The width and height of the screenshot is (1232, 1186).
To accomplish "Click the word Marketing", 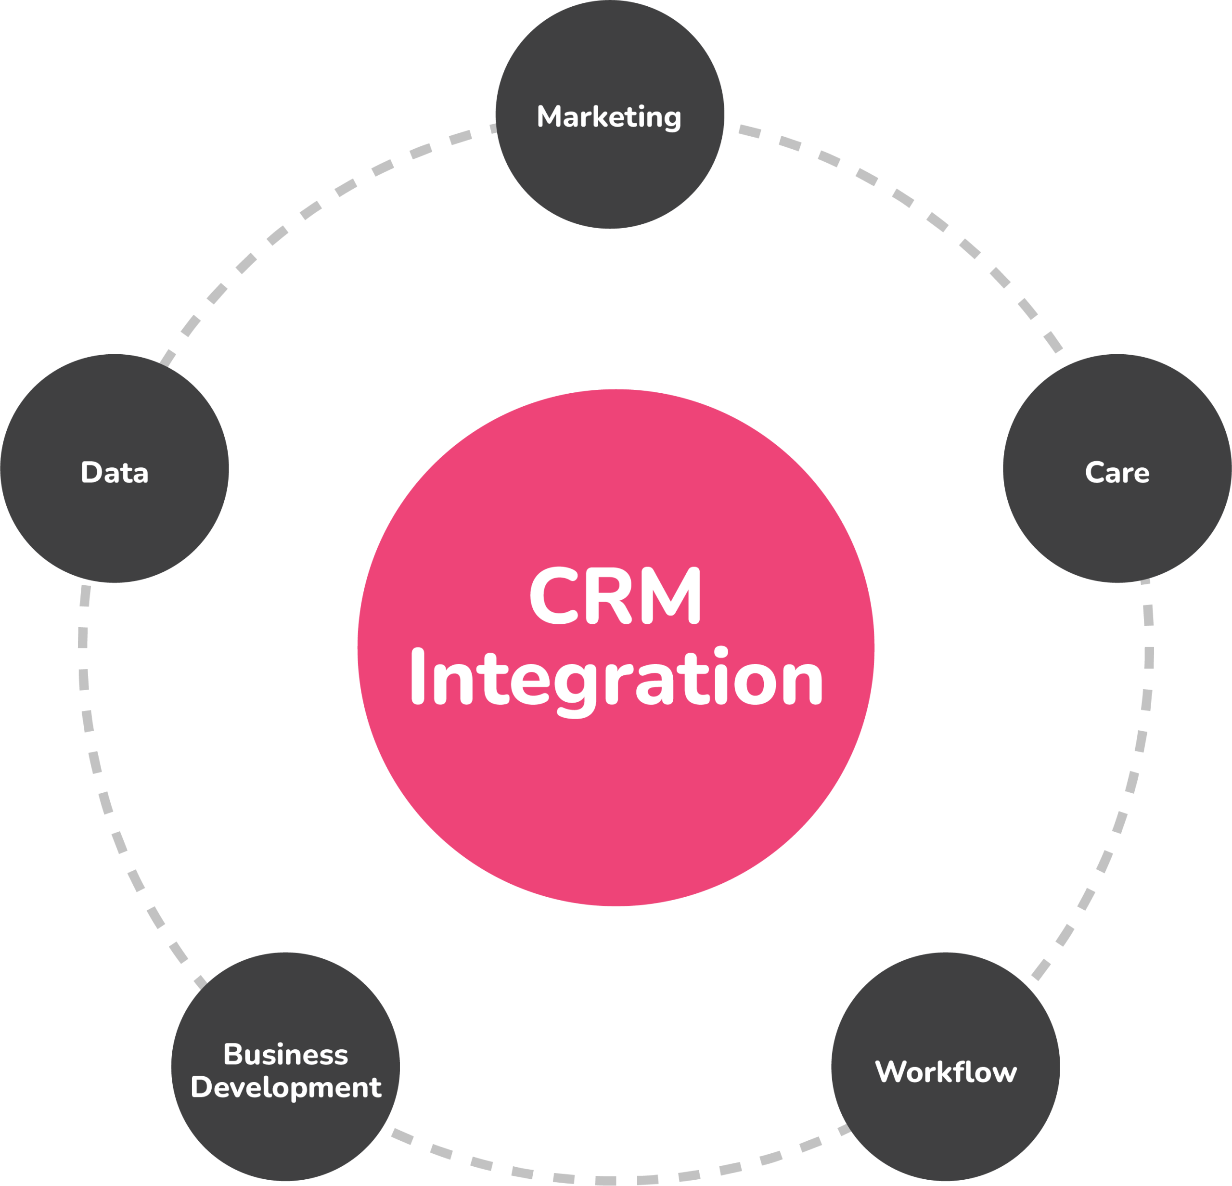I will click(608, 117).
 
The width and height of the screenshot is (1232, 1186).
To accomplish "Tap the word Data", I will click(115, 473).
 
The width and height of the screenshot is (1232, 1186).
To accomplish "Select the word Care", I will click(1117, 473).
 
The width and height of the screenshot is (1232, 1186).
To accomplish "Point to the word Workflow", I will click(945, 1071).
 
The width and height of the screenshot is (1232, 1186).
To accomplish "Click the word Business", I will click(285, 1055).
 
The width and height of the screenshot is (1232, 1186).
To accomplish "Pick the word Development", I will click(286, 1087).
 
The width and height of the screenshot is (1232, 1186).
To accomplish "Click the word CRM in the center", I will click(615, 596).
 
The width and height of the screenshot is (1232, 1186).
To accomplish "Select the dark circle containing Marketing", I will click(610, 176).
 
